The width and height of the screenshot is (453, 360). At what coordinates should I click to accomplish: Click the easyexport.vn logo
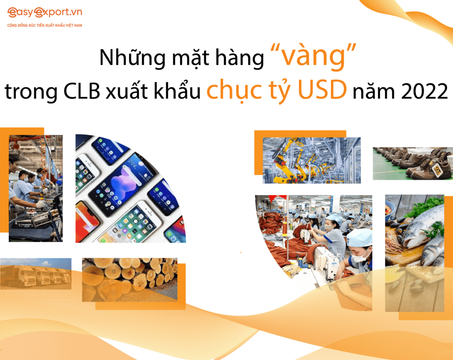pyautogui.click(x=44, y=13)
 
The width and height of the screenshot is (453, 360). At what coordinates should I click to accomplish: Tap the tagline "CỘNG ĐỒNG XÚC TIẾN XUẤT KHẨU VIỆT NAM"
pyautogui.click(x=45, y=25)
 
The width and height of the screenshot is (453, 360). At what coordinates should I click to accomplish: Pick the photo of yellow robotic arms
pyautogui.click(x=311, y=160)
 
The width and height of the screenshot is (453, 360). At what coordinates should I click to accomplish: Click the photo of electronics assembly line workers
pyautogui.click(x=35, y=188)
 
